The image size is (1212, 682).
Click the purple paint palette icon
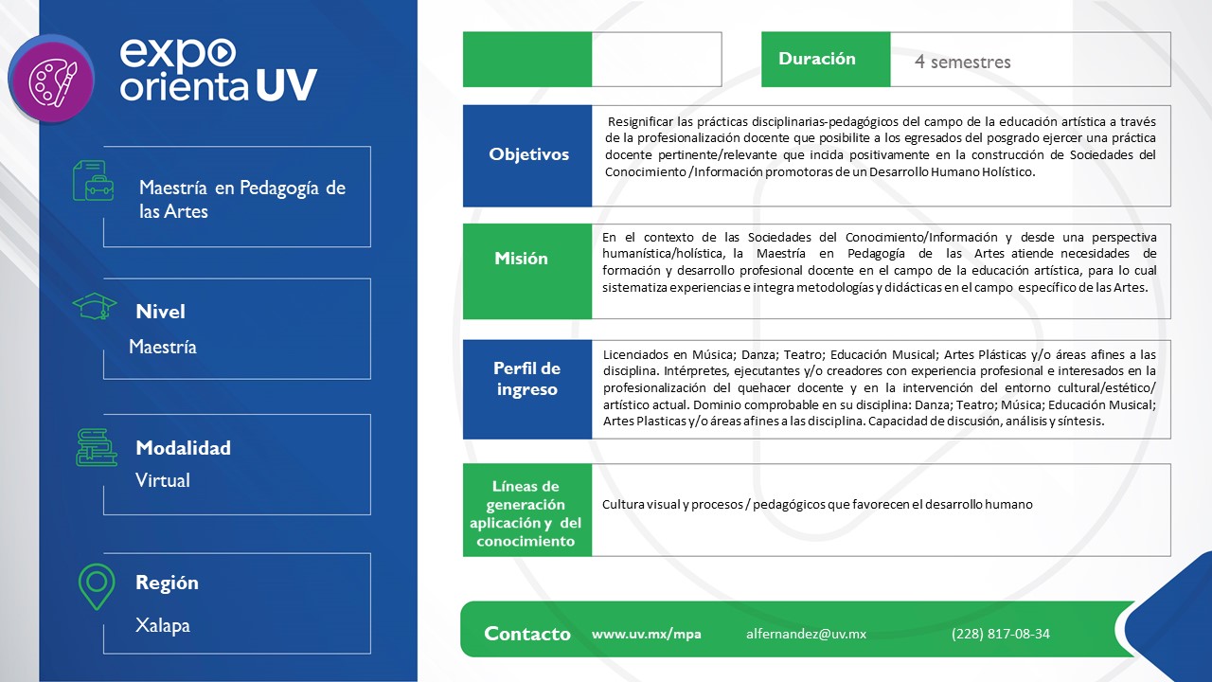click(50, 79)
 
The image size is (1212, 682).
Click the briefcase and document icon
click(93, 180)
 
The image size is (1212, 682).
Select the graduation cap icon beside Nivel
click(95, 307)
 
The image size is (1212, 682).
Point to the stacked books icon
click(96, 447)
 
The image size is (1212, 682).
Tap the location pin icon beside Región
click(97, 586)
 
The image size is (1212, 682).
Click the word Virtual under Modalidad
click(163, 481)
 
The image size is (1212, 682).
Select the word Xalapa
click(163, 625)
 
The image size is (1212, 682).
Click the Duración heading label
click(816, 59)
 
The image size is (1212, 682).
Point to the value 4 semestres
click(962, 63)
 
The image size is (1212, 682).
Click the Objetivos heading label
click(528, 154)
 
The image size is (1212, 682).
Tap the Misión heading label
click(521, 259)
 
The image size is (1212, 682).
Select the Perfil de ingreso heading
click(526, 379)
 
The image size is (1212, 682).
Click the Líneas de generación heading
click(526, 513)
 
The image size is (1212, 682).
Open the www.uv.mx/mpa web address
click(646, 635)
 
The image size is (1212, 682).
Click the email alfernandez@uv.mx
click(806, 635)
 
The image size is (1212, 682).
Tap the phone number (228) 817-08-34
click(1000, 635)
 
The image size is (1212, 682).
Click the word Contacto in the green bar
click(526, 635)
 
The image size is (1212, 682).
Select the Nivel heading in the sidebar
click(160, 312)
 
